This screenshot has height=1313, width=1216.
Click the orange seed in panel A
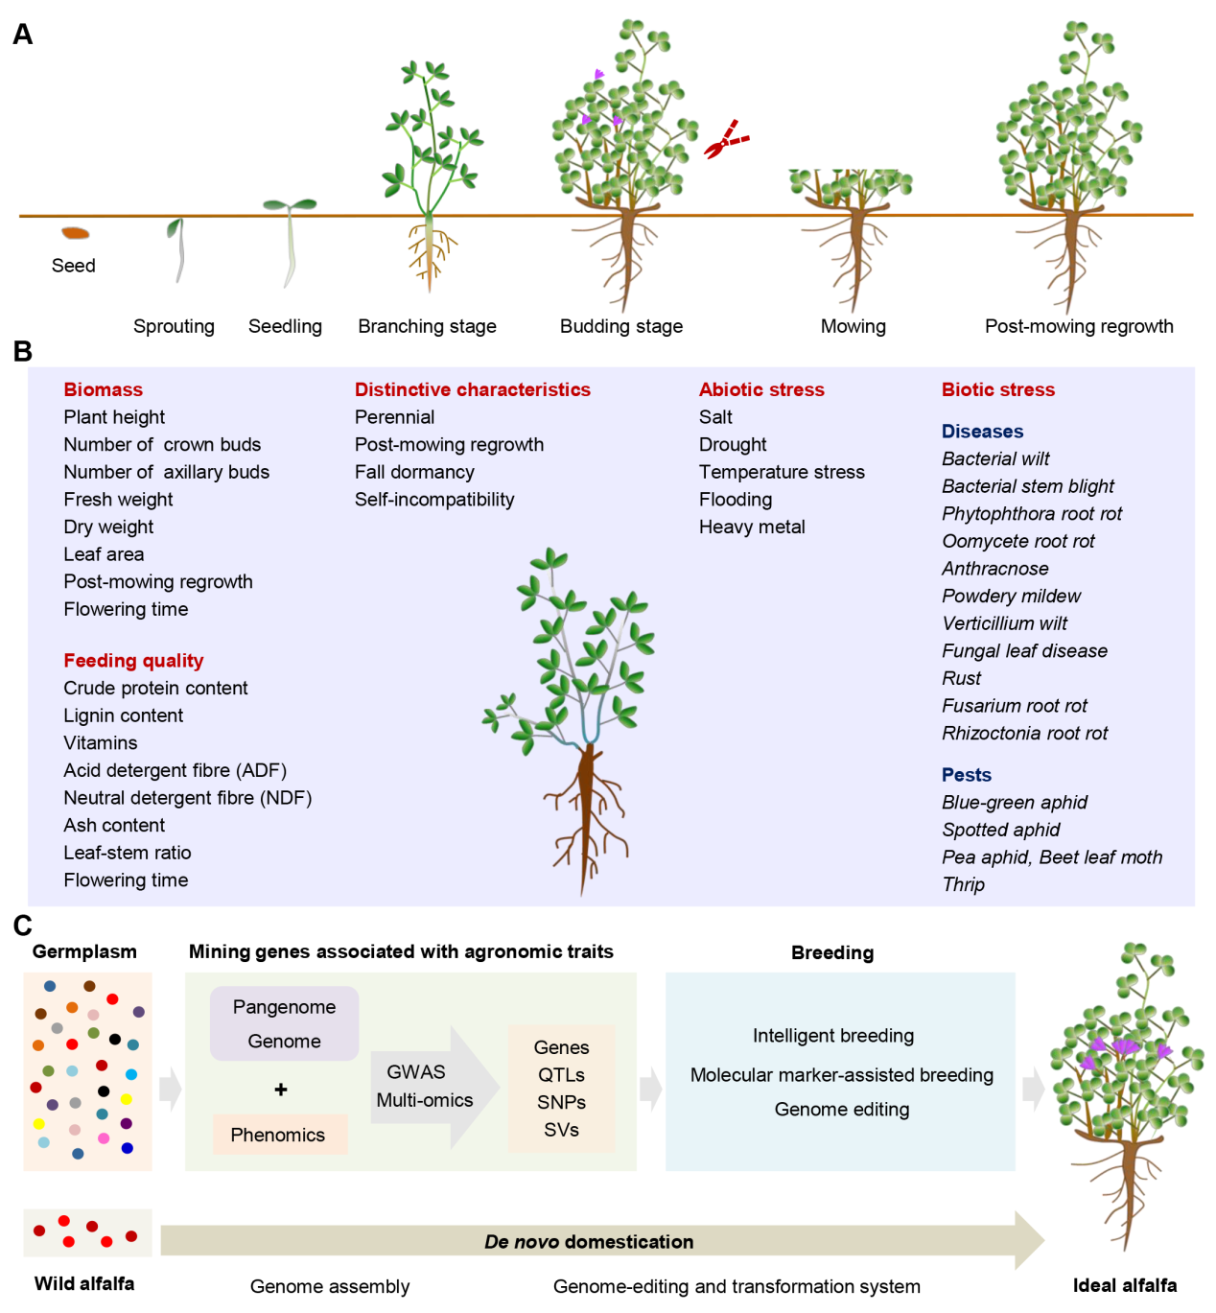(x=75, y=233)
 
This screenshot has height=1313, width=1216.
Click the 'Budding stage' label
(x=620, y=326)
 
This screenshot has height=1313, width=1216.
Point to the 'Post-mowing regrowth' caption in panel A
(x=1078, y=326)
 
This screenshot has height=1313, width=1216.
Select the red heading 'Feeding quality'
(x=133, y=660)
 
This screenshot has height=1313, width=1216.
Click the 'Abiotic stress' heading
(x=761, y=389)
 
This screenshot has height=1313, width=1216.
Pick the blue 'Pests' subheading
(x=966, y=775)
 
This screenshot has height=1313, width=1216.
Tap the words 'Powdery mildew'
(x=1011, y=596)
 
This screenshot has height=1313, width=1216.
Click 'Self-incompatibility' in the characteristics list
(x=434, y=500)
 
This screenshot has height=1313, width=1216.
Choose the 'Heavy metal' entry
(x=752, y=527)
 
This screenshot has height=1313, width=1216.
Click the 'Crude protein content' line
(x=155, y=688)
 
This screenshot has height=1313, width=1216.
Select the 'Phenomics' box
(x=278, y=1135)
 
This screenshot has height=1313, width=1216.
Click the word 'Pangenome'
(x=284, y=1007)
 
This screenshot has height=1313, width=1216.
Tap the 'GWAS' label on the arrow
(x=415, y=1072)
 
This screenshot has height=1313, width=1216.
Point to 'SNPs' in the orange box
(x=561, y=1102)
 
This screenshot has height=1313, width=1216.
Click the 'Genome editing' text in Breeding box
(x=841, y=1110)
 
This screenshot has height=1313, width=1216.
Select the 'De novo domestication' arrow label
(x=588, y=1242)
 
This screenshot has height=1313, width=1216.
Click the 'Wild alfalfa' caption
(x=84, y=1283)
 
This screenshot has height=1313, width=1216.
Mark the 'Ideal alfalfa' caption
(x=1124, y=1285)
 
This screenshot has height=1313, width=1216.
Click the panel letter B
(x=23, y=352)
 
